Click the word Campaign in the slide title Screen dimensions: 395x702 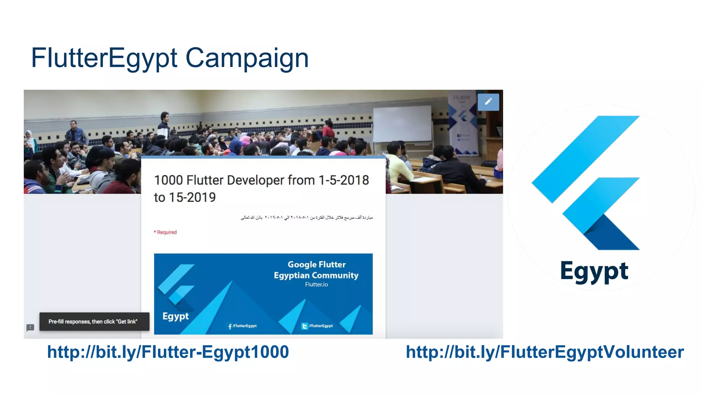247,58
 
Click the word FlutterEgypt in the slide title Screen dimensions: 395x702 104,58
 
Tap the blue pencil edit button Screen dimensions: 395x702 488,102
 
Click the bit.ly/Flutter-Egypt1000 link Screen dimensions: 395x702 168,352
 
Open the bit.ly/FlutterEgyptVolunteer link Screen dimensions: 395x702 545,352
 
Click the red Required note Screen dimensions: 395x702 166,232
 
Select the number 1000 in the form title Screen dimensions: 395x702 168,180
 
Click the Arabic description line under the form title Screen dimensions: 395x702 306,217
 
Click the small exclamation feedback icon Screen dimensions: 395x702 30,327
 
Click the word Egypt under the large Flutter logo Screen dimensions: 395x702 594,271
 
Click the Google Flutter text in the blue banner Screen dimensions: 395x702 316,265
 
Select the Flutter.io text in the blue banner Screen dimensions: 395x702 316,285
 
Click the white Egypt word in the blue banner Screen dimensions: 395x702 175,316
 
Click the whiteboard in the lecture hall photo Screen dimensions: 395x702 402,123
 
